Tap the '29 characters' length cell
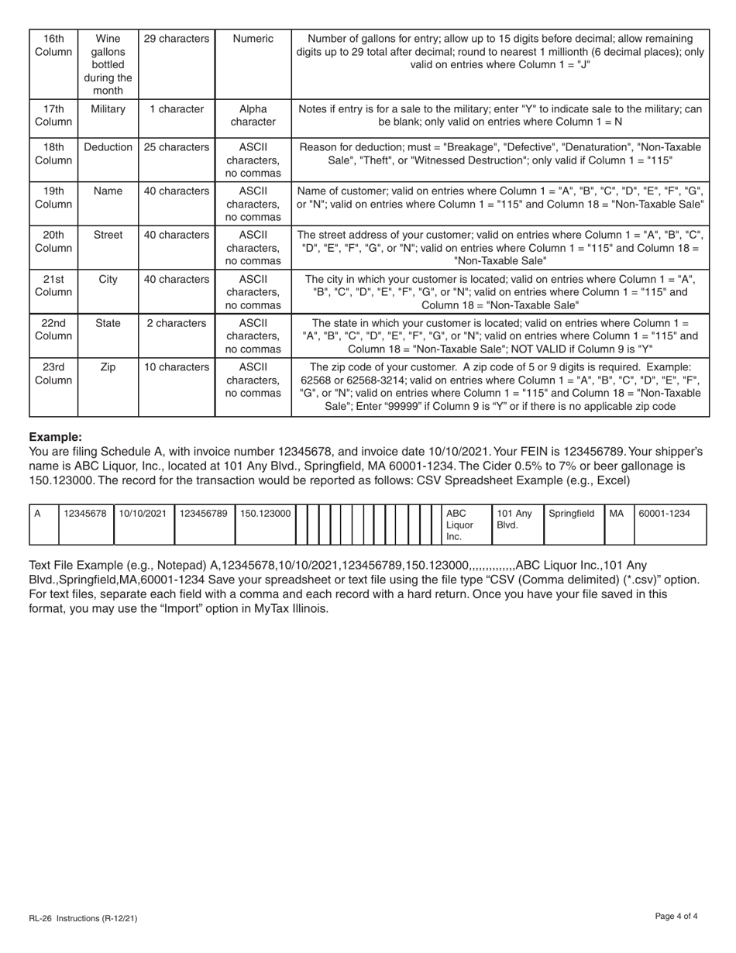click(x=177, y=39)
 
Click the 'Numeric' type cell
click(x=253, y=39)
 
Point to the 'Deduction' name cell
click(x=108, y=147)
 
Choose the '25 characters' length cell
click(x=177, y=147)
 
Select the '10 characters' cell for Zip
click(x=177, y=367)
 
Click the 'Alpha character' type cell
click(x=253, y=115)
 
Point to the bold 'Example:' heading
click(x=55, y=437)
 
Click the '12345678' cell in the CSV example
click(x=85, y=513)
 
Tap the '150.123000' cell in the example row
click(x=265, y=513)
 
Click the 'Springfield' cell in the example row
click(x=572, y=513)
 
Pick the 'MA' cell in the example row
click(x=617, y=513)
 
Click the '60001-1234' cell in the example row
click(x=664, y=513)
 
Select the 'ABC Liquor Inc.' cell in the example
click(x=460, y=525)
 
